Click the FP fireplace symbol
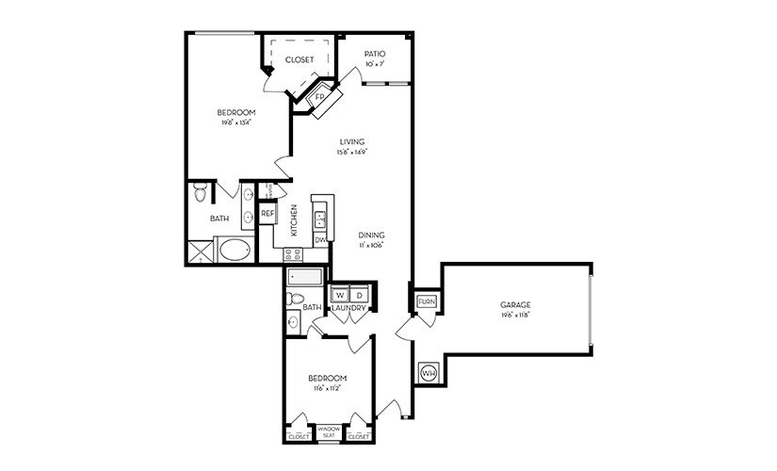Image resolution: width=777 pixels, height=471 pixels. (x=318, y=98)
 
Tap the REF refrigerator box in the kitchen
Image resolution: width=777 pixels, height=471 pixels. (x=267, y=214)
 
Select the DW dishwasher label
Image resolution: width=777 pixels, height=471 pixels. (x=320, y=240)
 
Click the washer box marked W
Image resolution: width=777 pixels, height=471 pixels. (x=340, y=293)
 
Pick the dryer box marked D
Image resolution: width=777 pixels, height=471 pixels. (x=358, y=293)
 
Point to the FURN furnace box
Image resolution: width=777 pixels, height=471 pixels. (x=425, y=301)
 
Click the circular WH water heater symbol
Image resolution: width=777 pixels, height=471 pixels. (x=428, y=373)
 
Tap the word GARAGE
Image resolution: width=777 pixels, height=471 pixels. (x=515, y=304)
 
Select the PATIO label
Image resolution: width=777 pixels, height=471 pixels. (x=375, y=55)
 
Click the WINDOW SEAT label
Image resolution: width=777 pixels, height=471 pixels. (x=329, y=433)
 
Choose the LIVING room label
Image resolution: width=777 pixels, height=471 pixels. (x=352, y=141)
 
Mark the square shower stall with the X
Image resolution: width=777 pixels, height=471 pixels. (x=200, y=252)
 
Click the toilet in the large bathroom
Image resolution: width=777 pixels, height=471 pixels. (x=199, y=194)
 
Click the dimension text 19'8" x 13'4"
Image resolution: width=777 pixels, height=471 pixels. (x=235, y=122)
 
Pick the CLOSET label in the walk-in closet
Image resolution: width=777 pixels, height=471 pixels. (x=299, y=59)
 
